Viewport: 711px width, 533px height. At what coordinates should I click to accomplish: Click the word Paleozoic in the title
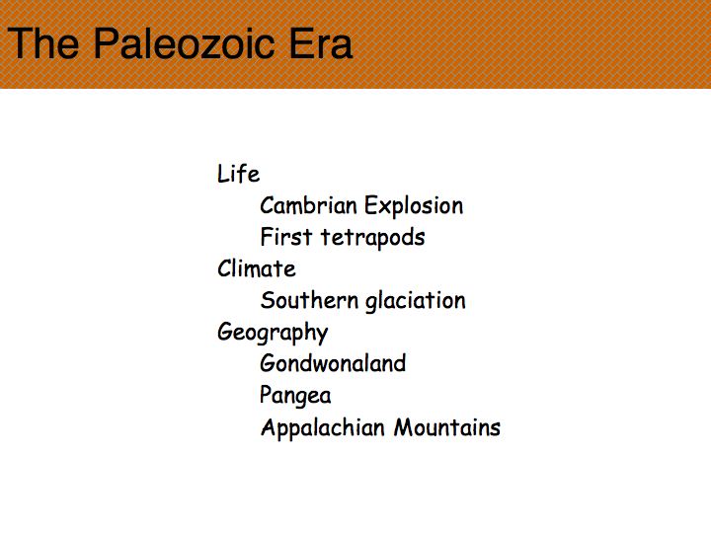(x=184, y=43)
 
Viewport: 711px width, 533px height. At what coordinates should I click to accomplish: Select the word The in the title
(x=43, y=43)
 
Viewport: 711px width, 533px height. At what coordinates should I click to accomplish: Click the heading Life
(x=239, y=174)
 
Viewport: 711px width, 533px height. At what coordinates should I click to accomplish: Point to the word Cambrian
(x=309, y=205)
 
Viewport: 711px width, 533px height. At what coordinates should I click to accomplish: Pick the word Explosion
(x=414, y=206)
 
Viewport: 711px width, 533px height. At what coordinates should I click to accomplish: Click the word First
(x=286, y=237)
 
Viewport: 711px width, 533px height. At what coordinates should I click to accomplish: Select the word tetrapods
(x=372, y=238)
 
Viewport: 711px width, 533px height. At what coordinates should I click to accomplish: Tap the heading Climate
(x=257, y=268)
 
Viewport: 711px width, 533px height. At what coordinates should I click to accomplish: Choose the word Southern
(x=309, y=300)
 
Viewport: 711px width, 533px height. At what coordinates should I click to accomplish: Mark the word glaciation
(x=416, y=301)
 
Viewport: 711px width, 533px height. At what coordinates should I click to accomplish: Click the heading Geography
(x=273, y=333)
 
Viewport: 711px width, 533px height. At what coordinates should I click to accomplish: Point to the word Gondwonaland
(x=333, y=363)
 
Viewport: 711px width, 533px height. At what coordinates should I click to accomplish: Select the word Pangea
(x=295, y=396)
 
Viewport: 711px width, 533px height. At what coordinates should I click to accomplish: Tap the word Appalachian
(x=323, y=427)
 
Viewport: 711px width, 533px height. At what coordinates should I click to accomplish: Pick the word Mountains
(x=447, y=427)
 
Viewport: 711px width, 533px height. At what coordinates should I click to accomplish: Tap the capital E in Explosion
(x=371, y=205)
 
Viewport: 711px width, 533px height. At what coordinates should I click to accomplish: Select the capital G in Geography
(x=225, y=332)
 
